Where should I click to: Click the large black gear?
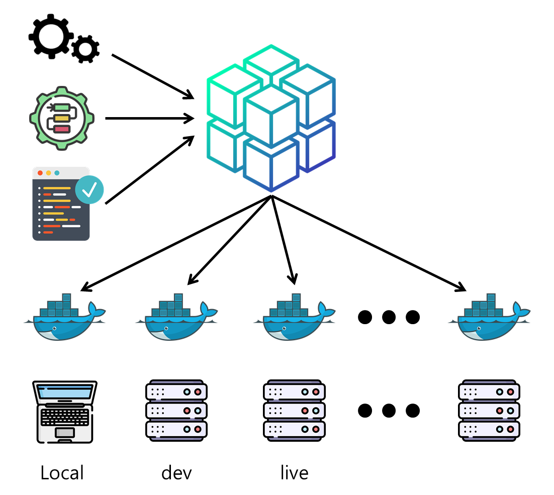pos(51,36)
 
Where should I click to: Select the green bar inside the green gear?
pos(62,108)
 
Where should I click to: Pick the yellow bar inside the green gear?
pos(62,119)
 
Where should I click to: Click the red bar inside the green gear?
pos(62,129)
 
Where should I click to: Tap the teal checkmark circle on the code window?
pos(89,189)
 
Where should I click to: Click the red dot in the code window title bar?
pos(40,173)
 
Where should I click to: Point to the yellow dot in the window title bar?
pos(49,173)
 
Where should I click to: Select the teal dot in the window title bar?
pos(57,173)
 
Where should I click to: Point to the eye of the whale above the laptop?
pos(54,328)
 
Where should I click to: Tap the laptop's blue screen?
pos(65,391)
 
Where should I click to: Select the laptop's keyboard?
pos(65,417)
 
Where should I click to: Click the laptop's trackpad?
pos(65,433)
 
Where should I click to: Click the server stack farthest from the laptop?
pos(489,411)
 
